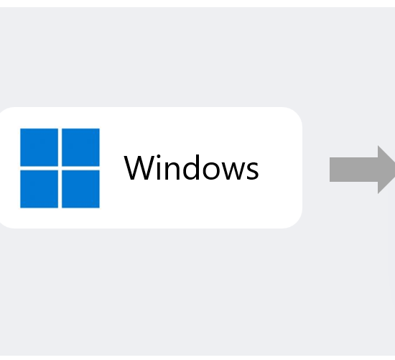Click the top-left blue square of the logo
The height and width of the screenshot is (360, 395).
tap(39, 147)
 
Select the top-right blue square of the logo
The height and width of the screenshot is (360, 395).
tap(80, 147)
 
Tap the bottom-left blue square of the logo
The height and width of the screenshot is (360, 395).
tap(39, 189)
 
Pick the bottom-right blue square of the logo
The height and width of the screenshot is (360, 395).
tap(80, 189)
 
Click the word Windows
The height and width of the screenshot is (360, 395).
tap(191, 167)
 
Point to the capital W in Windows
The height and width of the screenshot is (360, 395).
tap(139, 168)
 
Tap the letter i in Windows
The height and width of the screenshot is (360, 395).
tap(159, 167)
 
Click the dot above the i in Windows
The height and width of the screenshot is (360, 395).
tap(159, 157)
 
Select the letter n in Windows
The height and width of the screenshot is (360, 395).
tap(172, 171)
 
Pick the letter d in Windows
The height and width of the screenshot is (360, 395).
tap(192, 167)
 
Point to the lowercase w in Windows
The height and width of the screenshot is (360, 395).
tap(233, 171)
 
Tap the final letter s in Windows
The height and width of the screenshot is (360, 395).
tap(253, 171)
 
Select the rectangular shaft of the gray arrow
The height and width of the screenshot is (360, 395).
tap(353, 170)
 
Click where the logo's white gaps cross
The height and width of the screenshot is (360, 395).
tap(60, 168)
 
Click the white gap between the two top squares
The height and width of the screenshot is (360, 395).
tap(60, 147)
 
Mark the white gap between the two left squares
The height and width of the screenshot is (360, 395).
tap(39, 168)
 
